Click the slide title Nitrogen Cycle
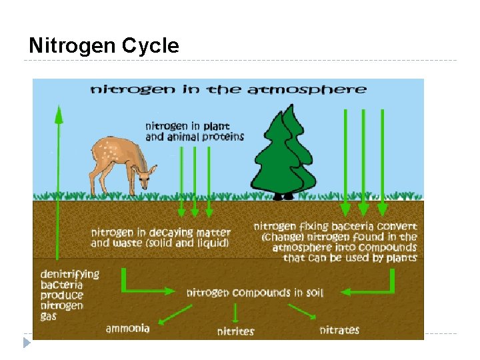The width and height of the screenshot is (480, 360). point(104,46)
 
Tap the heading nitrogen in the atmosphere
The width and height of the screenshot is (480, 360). point(229,89)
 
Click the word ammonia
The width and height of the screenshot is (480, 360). point(127,328)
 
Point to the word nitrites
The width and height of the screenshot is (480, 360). point(235,331)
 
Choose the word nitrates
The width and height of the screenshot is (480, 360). point(339,329)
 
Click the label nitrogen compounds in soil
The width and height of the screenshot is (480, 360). point(254,293)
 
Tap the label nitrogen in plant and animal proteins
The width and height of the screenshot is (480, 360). point(195,131)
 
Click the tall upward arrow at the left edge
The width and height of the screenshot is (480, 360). point(59,180)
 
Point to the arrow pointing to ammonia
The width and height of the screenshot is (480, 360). point(174,314)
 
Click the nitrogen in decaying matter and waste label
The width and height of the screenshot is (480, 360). point(161,238)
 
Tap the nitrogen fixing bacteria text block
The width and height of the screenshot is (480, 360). point(335,242)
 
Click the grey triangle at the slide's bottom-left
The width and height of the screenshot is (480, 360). point(27,343)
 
